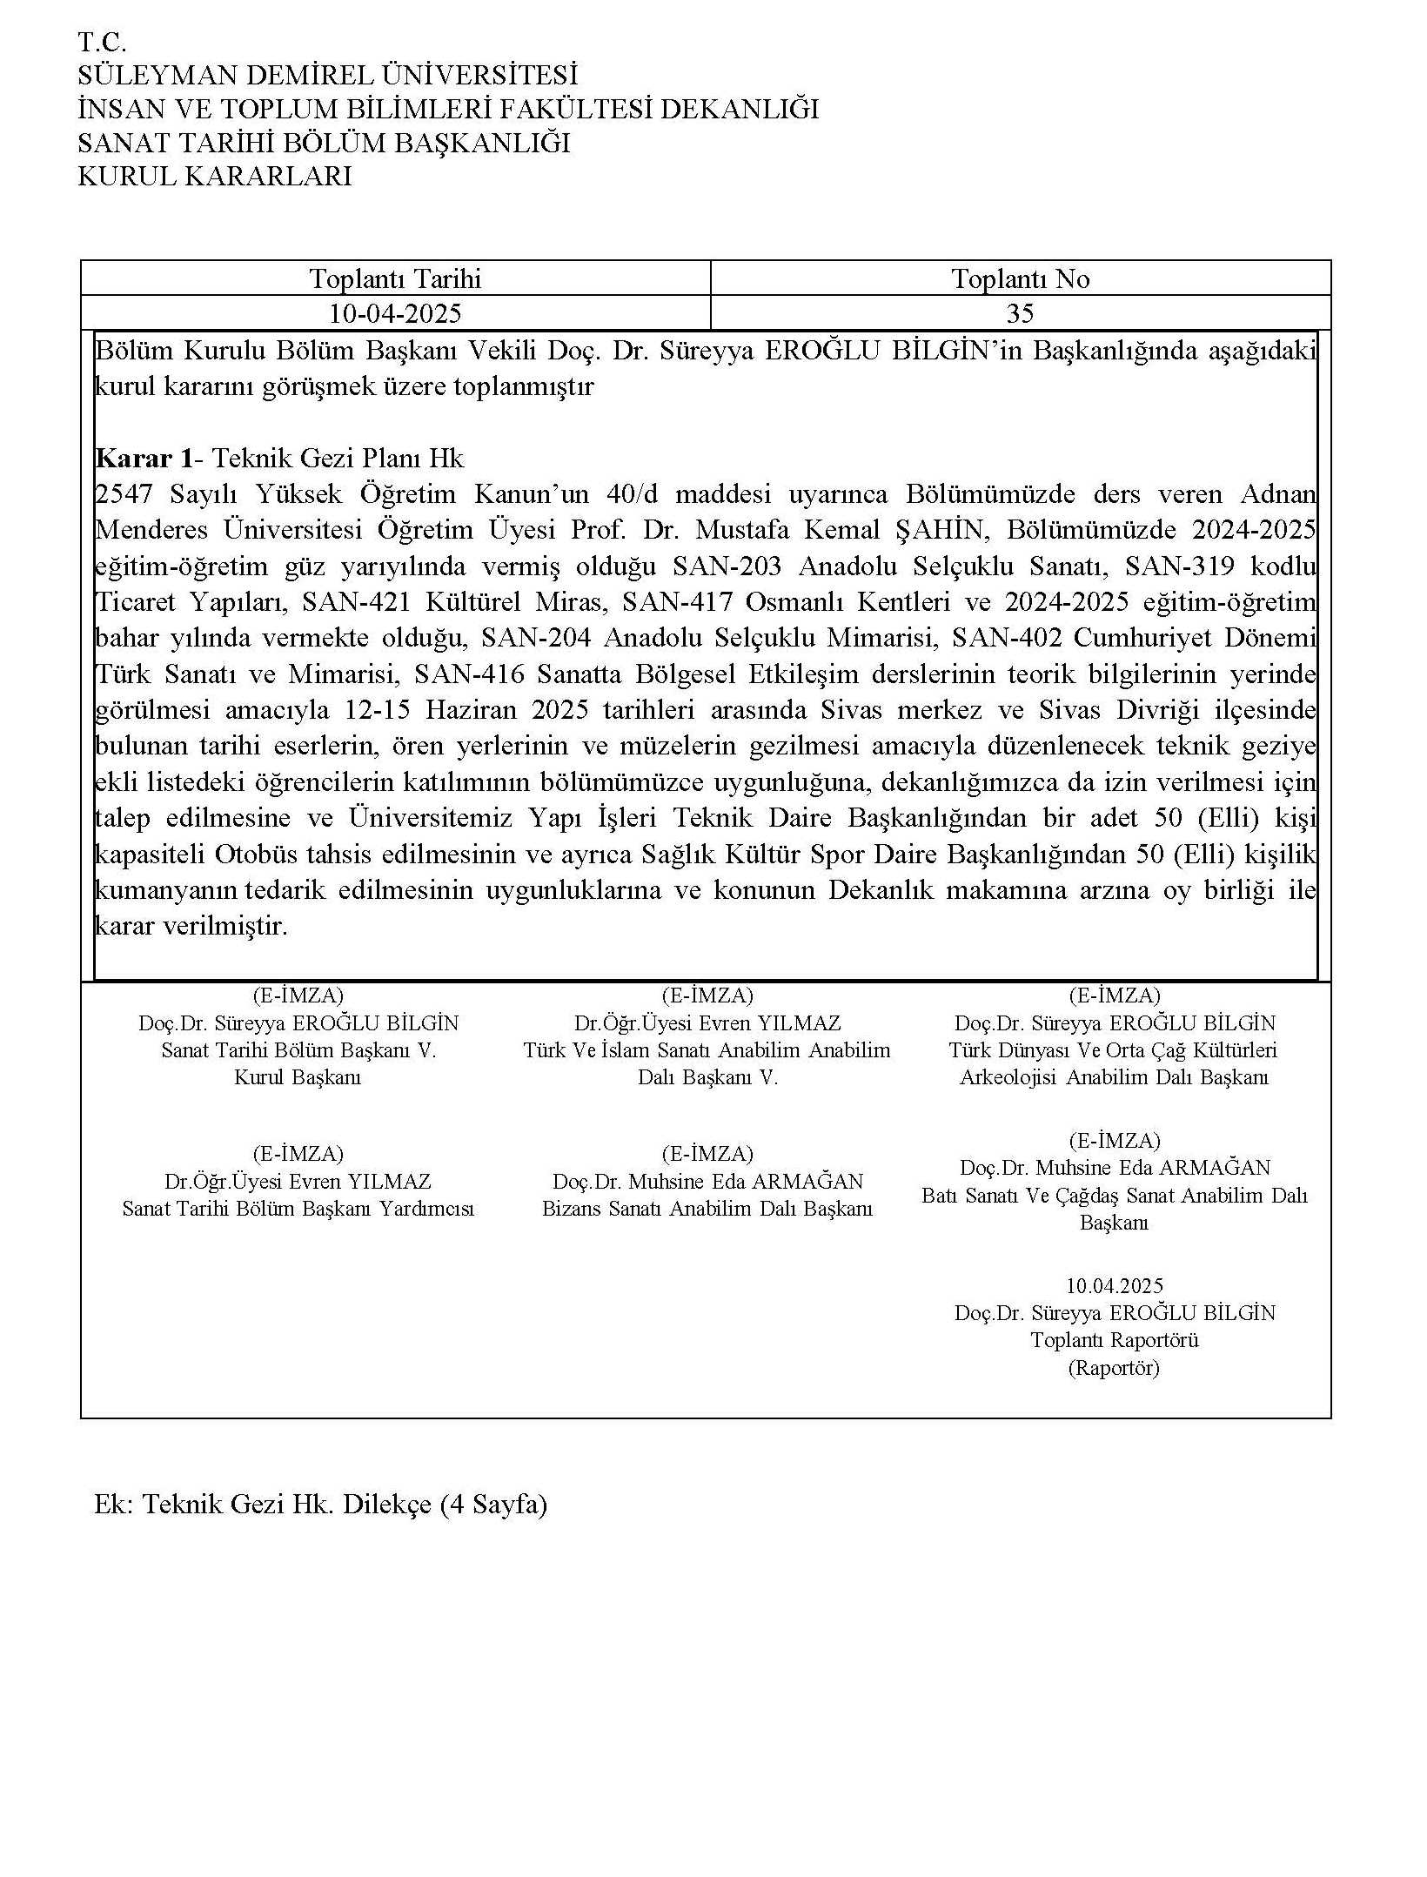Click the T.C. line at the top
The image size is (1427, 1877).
tap(102, 42)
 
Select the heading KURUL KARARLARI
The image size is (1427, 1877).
tap(215, 177)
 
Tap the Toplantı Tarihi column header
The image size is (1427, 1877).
tap(395, 278)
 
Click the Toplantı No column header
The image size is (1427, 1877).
tap(1020, 278)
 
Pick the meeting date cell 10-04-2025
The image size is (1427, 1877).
tap(395, 313)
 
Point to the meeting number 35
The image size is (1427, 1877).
tap(1020, 313)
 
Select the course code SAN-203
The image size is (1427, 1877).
tap(727, 566)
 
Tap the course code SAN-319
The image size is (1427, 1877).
tap(1179, 566)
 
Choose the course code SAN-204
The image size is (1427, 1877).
tap(536, 639)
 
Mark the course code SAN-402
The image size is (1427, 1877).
tap(1007, 639)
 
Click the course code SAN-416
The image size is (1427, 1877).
tap(469, 674)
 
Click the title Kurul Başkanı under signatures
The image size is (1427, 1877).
tap(298, 1077)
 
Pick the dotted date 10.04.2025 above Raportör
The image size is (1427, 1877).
tap(1114, 1285)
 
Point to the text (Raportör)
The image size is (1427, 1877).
tap(1114, 1368)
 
